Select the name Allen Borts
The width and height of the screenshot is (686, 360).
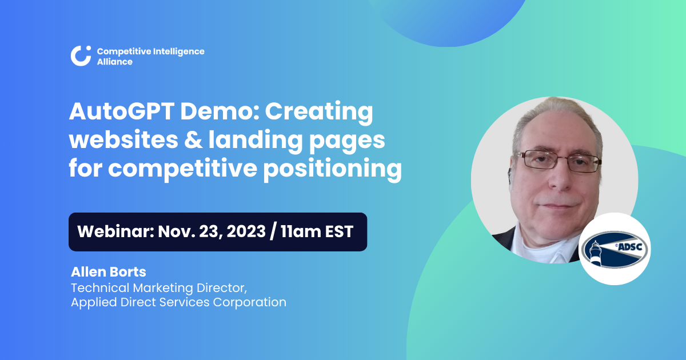coord(109,271)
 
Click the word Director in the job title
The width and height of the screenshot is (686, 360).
coord(222,287)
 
